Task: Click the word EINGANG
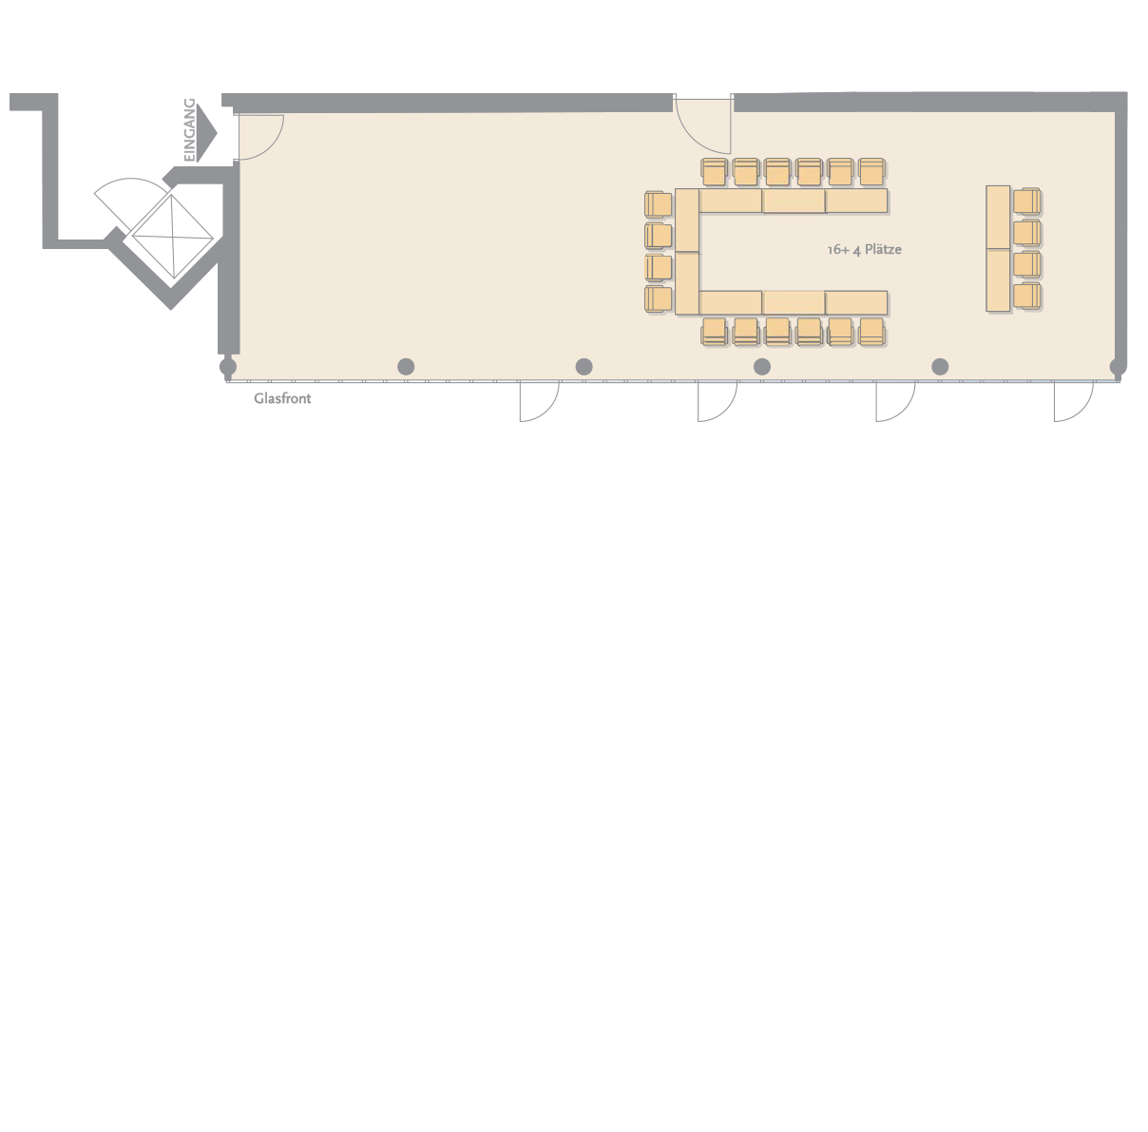189,130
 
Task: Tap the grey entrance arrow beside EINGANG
206,133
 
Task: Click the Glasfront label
282,398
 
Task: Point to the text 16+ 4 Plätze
865,250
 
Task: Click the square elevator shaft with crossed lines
172,237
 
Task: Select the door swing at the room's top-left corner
261,138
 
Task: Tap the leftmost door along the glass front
539,401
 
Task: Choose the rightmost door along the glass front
1074,401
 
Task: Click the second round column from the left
406,367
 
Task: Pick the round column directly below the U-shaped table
762,367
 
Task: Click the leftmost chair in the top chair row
715,172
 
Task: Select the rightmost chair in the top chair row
871,172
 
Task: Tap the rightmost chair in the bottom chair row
871,332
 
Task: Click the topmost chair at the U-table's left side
659,204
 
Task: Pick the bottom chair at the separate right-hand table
1027,297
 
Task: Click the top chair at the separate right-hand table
1027,201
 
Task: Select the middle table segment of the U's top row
794,201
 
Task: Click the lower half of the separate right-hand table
999,280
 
